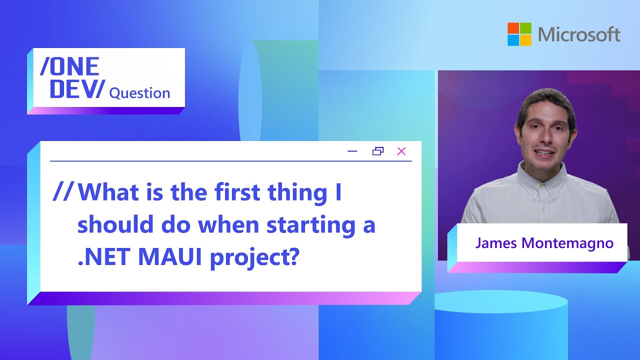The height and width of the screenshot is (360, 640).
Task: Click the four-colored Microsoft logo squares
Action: pyautogui.click(x=519, y=34)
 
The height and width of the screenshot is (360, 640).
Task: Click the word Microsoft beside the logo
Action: pyautogui.click(x=579, y=34)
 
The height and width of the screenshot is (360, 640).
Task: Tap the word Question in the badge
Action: pyautogui.click(x=139, y=93)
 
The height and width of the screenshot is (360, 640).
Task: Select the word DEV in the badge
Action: pyautogui.click(x=72, y=89)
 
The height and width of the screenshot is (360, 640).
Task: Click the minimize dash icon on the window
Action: pyautogui.click(x=352, y=151)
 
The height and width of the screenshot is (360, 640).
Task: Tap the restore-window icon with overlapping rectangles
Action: pyautogui.click(x=377, y=151)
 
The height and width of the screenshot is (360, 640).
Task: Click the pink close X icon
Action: pyautogui.click(x=401, y=151)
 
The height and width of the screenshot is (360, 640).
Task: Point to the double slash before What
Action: pyautogui.click(x=63, y=191)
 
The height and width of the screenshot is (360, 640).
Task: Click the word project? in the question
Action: pyautogui.click(x=254, y=258)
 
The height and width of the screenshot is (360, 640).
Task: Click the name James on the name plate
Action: pyautogui.click(x=496, y=243)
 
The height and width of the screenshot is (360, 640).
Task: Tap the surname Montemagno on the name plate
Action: pyautogui.click(x=567, y=243)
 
